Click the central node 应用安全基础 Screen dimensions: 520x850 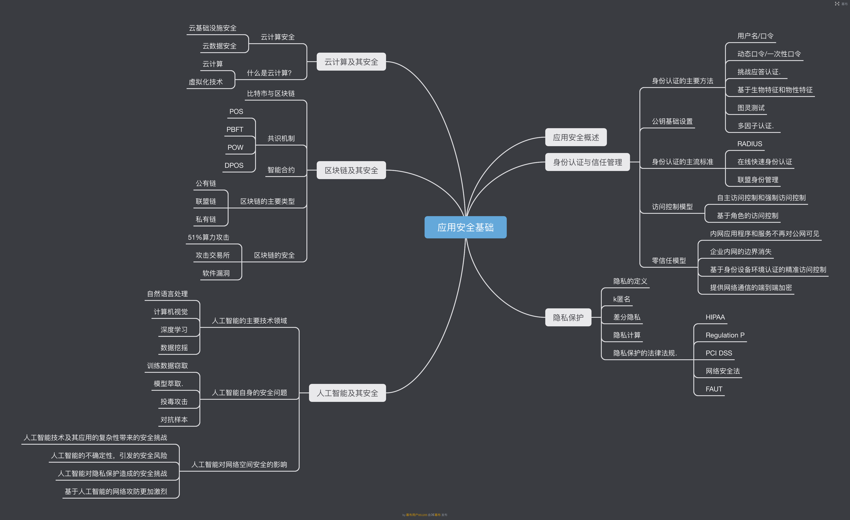(x=465, y=227)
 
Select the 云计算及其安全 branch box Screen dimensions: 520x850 (x=351, y=62)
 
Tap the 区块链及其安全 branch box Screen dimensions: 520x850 (x=351, y=170)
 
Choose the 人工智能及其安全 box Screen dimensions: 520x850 (x=347, y=393)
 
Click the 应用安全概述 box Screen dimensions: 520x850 (x=576, y=137)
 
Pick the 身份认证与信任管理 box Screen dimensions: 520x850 (x=587, y=162)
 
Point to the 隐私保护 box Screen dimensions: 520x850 (x=568, y=317)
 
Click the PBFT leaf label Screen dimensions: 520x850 (x=235, y=129)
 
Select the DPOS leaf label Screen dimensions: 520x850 (x=234, y=165)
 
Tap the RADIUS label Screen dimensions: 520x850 (x=750, y=144)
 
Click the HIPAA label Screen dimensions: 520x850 (x=715, y=317)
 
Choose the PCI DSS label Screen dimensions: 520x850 (x=719, y=353)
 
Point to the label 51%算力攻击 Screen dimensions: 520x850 (x=208, y=237)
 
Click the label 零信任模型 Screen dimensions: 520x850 (x=669, y=260)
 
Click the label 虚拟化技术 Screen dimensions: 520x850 (x=206, y=82)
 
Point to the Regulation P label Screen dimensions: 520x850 (x=725, y=335)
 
